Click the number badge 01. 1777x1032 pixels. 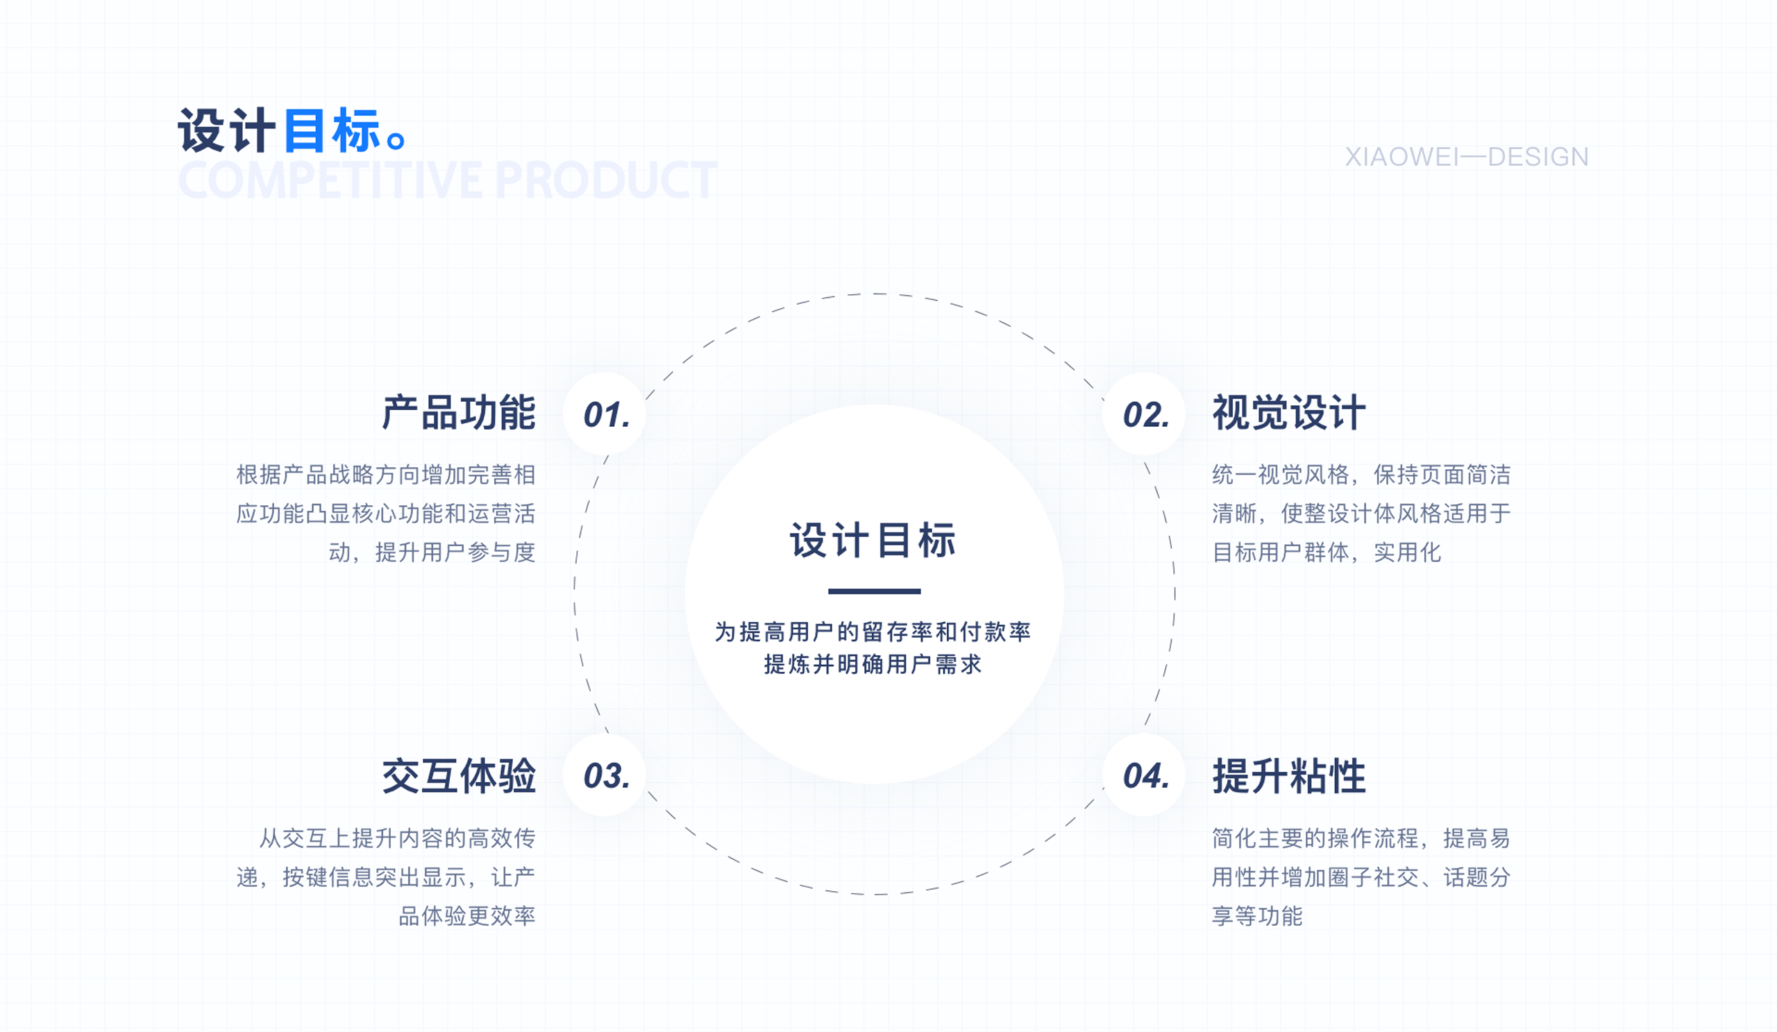(x=605, y=414)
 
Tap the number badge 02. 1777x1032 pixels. (x=1145, y=414)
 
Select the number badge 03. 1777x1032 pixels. (x=605, y=775)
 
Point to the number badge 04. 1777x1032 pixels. (x=1145, y=775)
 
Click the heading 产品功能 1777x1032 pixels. (x=458, y=413)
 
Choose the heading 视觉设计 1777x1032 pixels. (x=1288, y=413)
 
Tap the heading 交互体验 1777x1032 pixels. (x=458, y=776)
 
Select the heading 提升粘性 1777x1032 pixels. (x=1288, y=776)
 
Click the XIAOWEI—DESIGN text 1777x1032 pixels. (x=1466, y=156)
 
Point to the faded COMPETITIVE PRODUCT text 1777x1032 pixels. (x=447, y=180)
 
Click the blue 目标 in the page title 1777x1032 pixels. (x=331, y=131)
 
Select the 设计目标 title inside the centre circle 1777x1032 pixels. (x=873, y=541)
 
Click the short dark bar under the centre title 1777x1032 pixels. (x=874, y=591)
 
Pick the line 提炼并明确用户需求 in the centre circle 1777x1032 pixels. (x=873, y=664)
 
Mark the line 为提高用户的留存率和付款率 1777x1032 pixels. (x=873, y=632)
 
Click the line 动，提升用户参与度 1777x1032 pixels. (x=432, y=552)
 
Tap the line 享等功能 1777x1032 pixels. (x=1256, y=915)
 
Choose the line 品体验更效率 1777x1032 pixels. (x=467, y=915)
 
